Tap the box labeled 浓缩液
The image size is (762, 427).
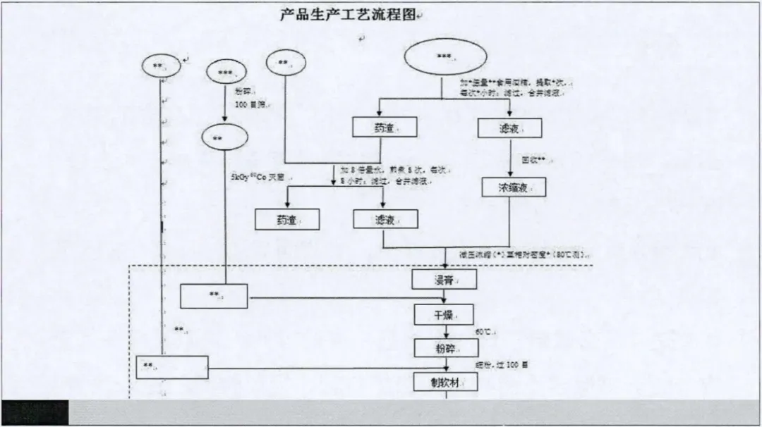[x=514, y=187]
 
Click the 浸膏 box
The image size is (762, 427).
[x=445, y=280]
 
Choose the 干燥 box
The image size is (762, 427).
[x=445, y=314]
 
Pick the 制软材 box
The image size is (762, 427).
[x=445, y=381]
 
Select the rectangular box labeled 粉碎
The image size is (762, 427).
[x=445, y=347]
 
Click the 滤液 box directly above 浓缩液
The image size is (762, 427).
[x=509, y=128]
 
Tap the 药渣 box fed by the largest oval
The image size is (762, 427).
[x=385, y=127]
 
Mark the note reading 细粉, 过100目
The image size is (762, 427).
[x=506, y=365]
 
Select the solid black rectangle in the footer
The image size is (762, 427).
[x=35, y=411]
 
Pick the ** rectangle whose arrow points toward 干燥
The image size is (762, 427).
[x=214, y=296]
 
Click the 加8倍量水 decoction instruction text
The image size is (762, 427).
[x=392, y=175]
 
